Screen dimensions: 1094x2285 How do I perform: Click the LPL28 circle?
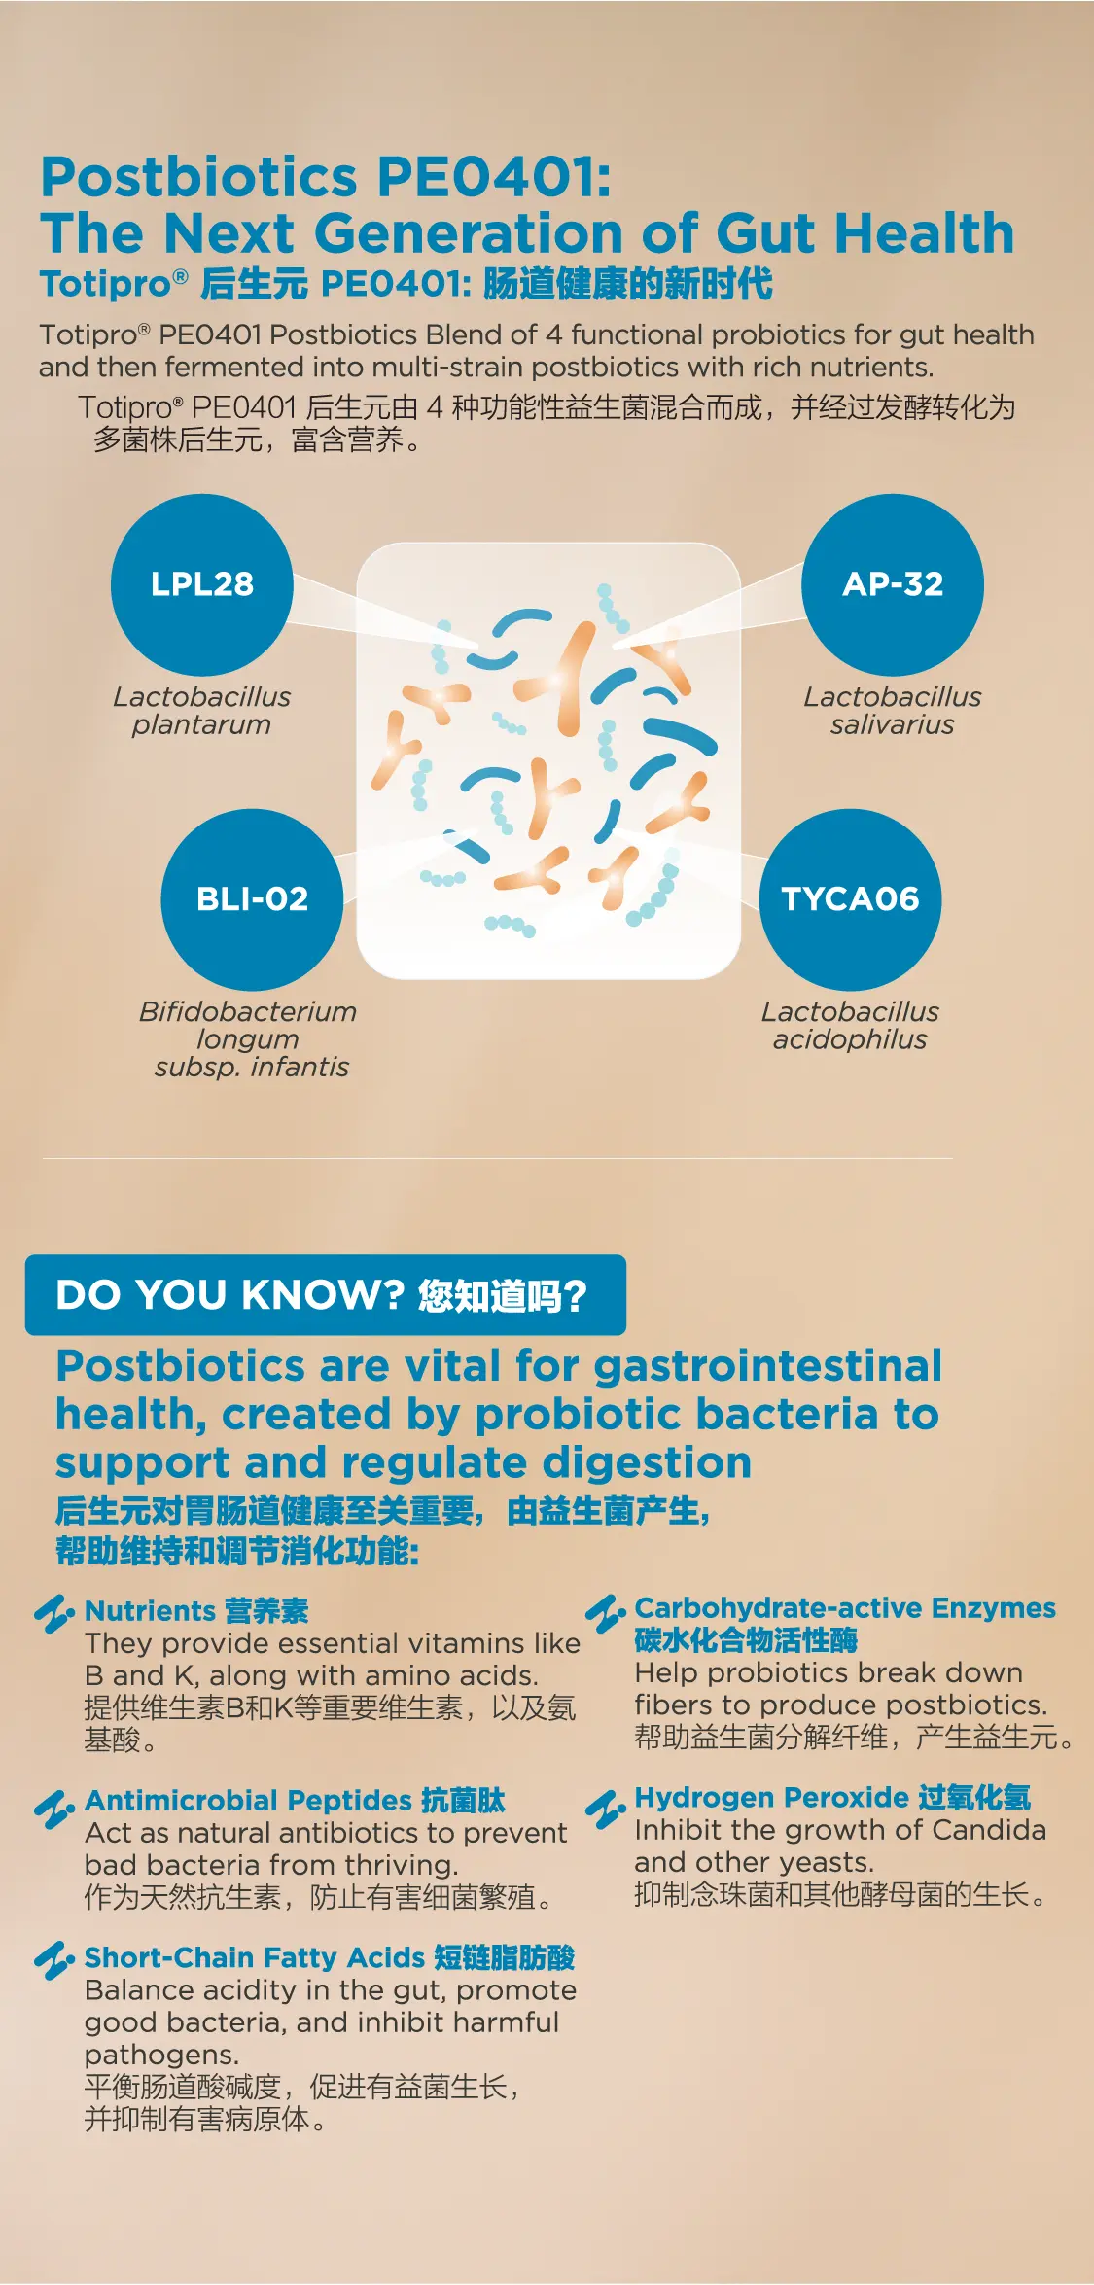202,584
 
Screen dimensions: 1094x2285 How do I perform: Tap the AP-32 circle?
893,584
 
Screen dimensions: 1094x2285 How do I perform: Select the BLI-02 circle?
252,899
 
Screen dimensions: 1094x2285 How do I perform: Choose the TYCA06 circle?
850,899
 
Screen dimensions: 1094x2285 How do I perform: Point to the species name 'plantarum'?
201,725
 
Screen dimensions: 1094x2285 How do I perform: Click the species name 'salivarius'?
893,725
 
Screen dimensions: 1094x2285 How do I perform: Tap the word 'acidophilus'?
850,1040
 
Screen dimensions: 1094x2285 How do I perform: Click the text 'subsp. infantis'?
252,1068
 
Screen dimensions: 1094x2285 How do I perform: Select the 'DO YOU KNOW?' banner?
326,1295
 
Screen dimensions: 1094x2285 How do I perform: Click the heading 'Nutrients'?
150,1611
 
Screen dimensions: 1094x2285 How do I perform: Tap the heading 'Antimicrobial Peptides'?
249,1801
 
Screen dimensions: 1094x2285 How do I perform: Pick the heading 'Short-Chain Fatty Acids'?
256,1957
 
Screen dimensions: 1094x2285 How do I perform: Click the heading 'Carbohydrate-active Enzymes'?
845,1608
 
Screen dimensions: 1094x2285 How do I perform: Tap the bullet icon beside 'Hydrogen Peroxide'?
605,1810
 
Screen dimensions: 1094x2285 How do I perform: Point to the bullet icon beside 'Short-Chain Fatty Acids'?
54,1961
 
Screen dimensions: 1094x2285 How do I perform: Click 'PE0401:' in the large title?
494,177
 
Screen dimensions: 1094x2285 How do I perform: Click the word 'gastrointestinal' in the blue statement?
768,1366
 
